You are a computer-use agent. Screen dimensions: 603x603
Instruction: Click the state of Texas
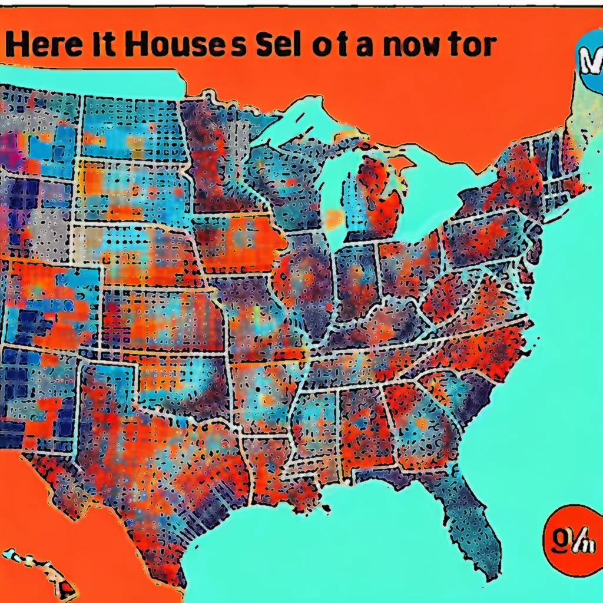click(x=177, y=459)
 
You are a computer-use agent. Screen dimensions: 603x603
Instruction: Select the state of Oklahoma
click(x=194, y=383)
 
